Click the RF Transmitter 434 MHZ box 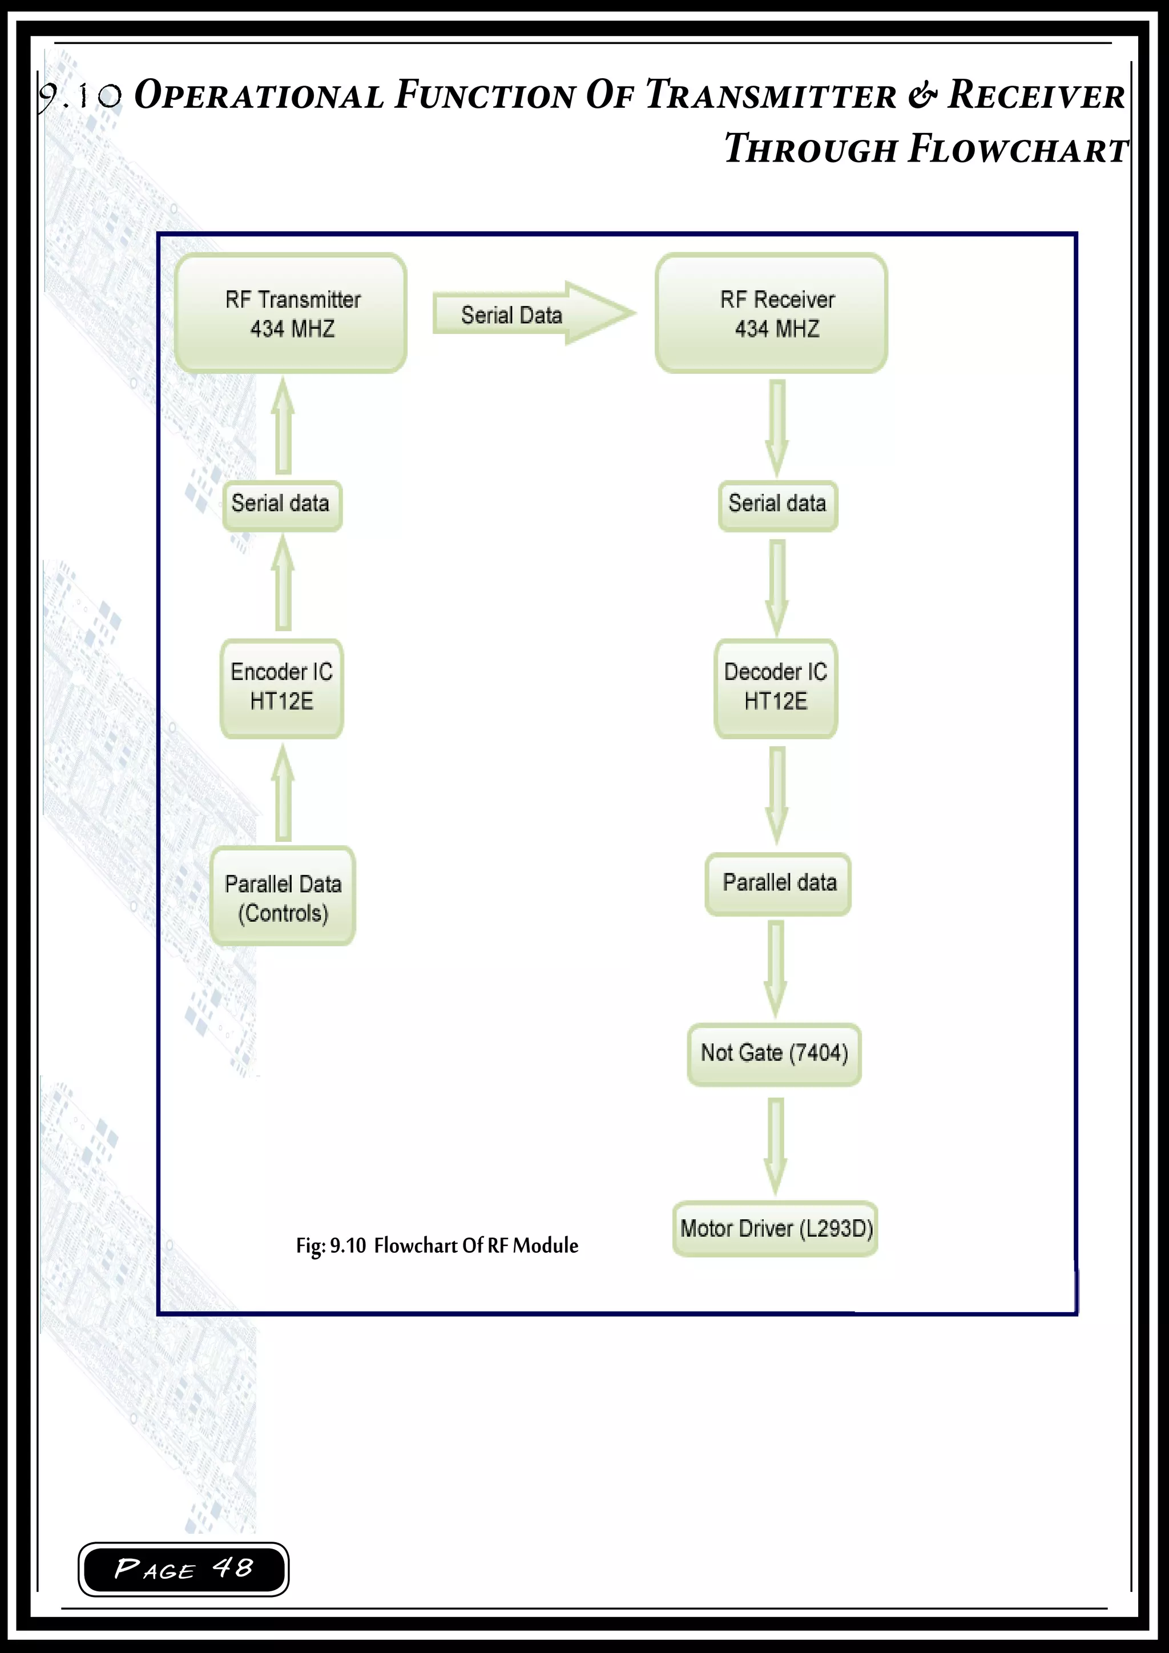tap(291, 313)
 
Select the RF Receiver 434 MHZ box tap(771, 313)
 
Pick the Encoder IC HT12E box tap(281, 688)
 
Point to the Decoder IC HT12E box tap(775, 688)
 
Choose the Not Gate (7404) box tap(774, 1053)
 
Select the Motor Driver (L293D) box tap(775, 1228)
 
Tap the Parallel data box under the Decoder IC tap(777, 884)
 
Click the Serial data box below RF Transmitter tap(281, 505)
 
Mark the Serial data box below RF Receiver tap(777, 505)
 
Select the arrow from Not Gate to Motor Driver tap(775, 1145)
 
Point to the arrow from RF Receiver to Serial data tap(777, 427)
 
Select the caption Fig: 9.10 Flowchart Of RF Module tap(437, 1245)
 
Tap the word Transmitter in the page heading tap(771, 95)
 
